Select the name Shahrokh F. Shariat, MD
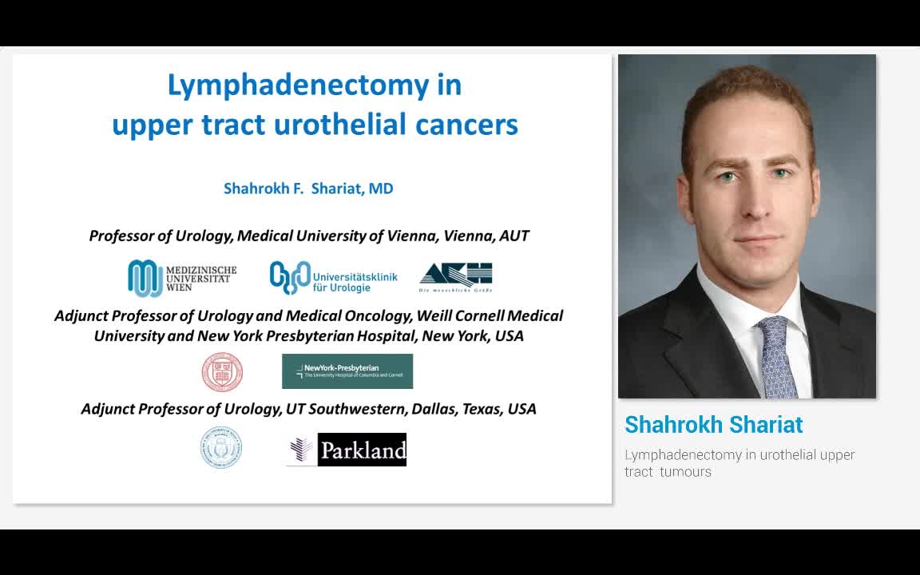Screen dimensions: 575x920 [308, 189]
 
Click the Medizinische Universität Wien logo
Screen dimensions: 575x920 [182, 278]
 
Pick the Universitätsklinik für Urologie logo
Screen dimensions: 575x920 [333, 278]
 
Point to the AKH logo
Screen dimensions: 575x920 [456, 277]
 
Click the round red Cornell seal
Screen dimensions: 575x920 [222, 372]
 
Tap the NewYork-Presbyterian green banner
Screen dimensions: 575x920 [347, 371]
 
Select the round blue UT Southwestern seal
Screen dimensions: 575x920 [220, 447]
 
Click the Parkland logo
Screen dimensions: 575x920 [347, 450]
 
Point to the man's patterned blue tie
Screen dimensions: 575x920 [776, 355]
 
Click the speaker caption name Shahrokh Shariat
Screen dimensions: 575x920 [713, 425]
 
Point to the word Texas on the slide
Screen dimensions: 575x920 [479, 410]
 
